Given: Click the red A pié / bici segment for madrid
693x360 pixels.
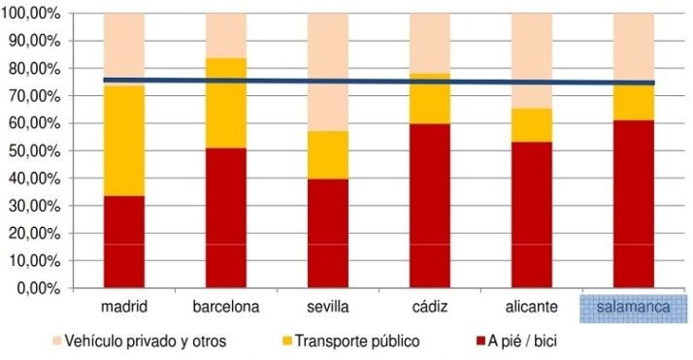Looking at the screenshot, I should (124, 242).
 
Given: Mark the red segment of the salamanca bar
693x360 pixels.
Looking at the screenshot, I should (634, 204).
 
